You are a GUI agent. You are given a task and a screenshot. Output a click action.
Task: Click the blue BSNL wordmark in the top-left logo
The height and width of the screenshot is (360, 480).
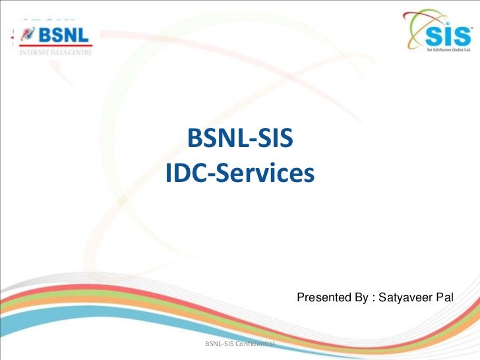63,33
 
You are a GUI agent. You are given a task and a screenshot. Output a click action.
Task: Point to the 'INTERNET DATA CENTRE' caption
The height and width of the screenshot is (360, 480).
52,51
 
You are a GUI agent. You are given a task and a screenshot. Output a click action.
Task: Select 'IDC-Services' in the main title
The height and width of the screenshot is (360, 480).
241,173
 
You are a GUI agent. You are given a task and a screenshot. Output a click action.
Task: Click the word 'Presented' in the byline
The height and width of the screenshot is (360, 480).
325,298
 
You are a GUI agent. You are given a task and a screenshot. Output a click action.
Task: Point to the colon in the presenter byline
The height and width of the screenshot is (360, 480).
374,299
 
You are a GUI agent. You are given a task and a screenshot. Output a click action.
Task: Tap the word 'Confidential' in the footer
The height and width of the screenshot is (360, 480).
255,344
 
